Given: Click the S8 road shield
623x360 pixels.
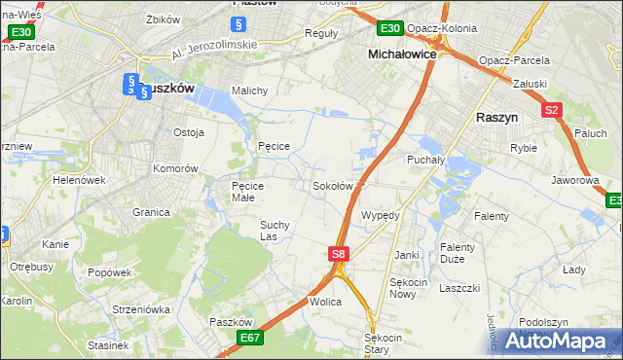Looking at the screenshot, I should click(x=338, y=254).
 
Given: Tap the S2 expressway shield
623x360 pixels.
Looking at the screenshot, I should click(x=552, y=110).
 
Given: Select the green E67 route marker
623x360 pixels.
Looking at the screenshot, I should click(x=249, y=338).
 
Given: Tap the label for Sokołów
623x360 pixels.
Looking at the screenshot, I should click(x=332, y=186).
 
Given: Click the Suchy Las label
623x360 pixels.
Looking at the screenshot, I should click(x=273, y=230).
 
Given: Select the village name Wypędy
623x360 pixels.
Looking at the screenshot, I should click(x=381, y=214).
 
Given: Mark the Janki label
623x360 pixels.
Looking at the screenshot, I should click(x=406, y=255).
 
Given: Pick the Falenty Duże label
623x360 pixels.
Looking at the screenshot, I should click(x=457, y=253).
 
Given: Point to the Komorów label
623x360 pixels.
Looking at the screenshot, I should click(x=174, y=167).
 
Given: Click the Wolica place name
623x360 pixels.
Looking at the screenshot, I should click(x=325, y=302).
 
